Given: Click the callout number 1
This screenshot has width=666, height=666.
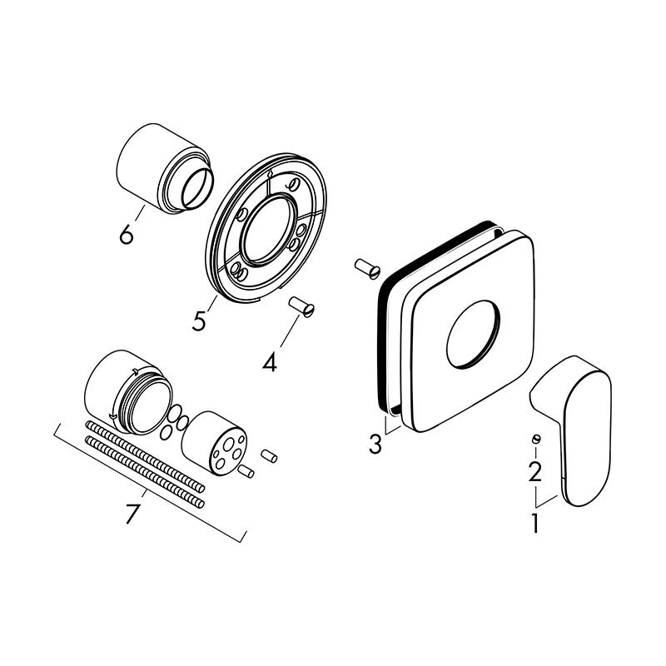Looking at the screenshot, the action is click(x=534, y=523).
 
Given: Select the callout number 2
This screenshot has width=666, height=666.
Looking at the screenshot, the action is click(x=534, y=471).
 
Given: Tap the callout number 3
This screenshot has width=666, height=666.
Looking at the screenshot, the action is click(x=375, y=444).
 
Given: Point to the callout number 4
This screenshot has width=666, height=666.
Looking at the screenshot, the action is click(x=270, y=362).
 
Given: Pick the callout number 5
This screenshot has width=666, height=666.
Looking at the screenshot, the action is click(x=198, y=321).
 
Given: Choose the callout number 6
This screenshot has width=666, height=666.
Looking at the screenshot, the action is click(x=127, y=234).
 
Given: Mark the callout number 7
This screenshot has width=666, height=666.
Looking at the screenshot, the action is click(x=133, y=514).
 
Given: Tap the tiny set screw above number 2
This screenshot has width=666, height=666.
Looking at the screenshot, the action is click(x=535, y=439).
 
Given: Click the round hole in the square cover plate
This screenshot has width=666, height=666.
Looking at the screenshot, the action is click(x=473, y=334).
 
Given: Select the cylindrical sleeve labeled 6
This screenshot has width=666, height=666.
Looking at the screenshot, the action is click(x=165, y=169).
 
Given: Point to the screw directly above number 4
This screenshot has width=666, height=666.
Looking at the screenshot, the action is click(x=303, y=306).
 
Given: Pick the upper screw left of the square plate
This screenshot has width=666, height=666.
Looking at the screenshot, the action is click(x=367, y=269).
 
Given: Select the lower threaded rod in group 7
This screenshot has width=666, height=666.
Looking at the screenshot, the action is click(x=145, y=471).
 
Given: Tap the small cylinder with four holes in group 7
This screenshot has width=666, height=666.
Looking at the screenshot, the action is click(x=215, y=443).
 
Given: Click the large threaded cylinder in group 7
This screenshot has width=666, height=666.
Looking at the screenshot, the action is click(x=129, y=392).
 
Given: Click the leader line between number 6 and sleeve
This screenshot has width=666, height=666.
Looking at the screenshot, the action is click(x=140, y=214).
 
